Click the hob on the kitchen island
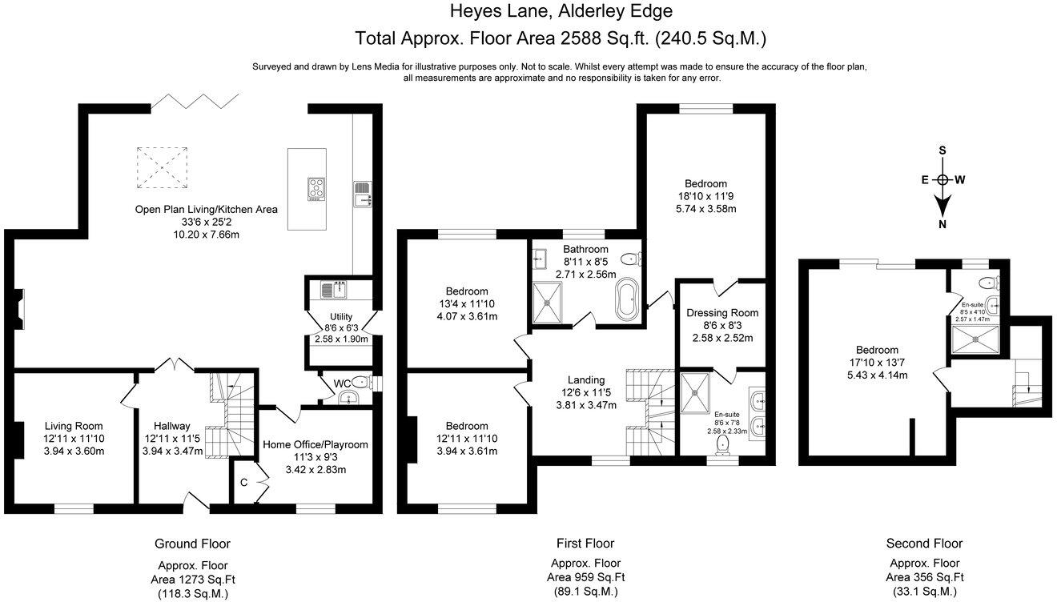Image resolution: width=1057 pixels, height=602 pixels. click(x=316, y=189)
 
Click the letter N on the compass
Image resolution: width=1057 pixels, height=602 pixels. click(x=942, y=225)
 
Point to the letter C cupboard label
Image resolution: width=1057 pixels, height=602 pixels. click(x=244, y=483)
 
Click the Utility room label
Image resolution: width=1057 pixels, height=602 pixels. click(x=341, y=316)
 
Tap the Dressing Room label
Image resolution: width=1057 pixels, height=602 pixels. click(x=722, y=313)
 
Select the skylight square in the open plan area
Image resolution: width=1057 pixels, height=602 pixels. click(x=162, y=168)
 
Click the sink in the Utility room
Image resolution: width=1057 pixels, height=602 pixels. click(x=334, y=290)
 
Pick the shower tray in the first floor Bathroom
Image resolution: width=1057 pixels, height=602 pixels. click(x=548, y=303)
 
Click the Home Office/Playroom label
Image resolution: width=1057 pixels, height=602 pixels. click(x=315, y=444)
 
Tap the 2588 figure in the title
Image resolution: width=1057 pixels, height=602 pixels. click(x=581, y=38)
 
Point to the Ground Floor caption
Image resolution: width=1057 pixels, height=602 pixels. click(x=192, y=544)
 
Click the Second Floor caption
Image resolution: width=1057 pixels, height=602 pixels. click(x=924, y=544)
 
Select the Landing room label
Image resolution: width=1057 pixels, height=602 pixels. click(x=586, y=379)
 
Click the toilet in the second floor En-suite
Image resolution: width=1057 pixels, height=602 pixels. click(x=988, y=283)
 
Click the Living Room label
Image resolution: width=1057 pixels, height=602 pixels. click(x=74, y=426)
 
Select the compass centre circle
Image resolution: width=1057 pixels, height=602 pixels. click(x=942, y=180)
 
